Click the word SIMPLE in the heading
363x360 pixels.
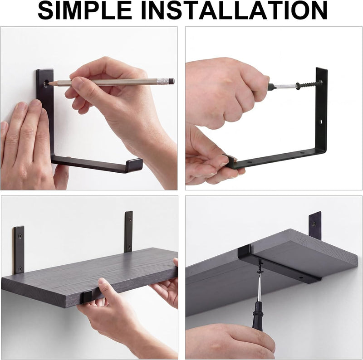point(85,10)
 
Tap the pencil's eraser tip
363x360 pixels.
point(172,81)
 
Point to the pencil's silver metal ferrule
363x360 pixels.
point(162,81)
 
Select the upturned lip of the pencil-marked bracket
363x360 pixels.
point(134,165)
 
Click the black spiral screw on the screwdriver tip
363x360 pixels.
point(308,85)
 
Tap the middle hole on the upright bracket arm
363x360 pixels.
point(321,121)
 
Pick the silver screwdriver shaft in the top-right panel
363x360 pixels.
point(285,87)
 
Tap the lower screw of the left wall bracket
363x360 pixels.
point(20,269)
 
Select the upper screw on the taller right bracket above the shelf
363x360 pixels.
point(129,219)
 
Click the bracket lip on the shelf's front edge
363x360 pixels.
point(87,297)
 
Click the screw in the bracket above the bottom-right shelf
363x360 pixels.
point(314,224)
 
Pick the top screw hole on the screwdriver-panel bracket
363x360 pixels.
point(321,82)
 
